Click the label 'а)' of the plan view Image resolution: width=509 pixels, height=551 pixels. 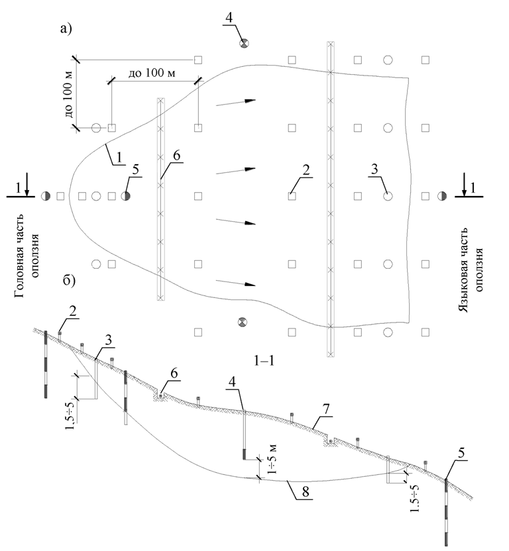66,28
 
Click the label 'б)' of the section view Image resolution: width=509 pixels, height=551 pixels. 68,281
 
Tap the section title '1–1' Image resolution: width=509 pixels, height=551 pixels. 264,361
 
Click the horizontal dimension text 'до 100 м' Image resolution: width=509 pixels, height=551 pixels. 153,71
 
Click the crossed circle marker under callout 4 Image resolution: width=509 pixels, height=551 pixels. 244,43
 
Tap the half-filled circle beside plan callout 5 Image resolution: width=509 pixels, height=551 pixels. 126,196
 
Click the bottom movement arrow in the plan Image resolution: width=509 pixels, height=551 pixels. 236,283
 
